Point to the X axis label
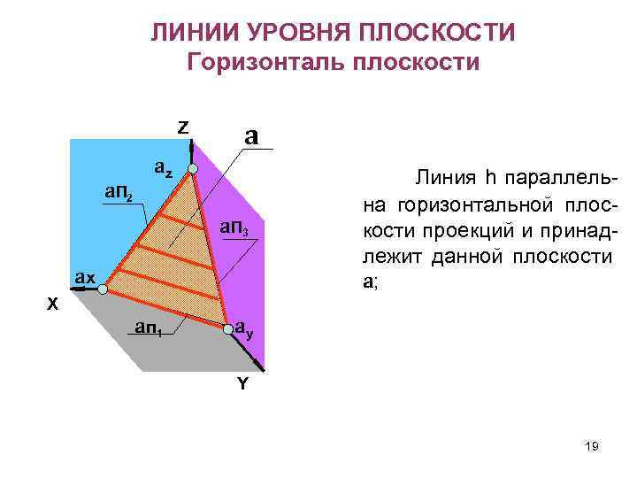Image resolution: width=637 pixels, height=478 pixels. [53, 304]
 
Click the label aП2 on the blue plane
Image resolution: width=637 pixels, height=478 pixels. [118, 191]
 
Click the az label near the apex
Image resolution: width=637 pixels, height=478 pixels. [164, 165]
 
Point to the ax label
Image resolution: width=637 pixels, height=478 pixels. [85, 277]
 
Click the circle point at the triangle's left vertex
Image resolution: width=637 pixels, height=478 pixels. [103, 289]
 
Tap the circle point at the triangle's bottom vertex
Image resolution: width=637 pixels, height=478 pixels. [228, 328]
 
